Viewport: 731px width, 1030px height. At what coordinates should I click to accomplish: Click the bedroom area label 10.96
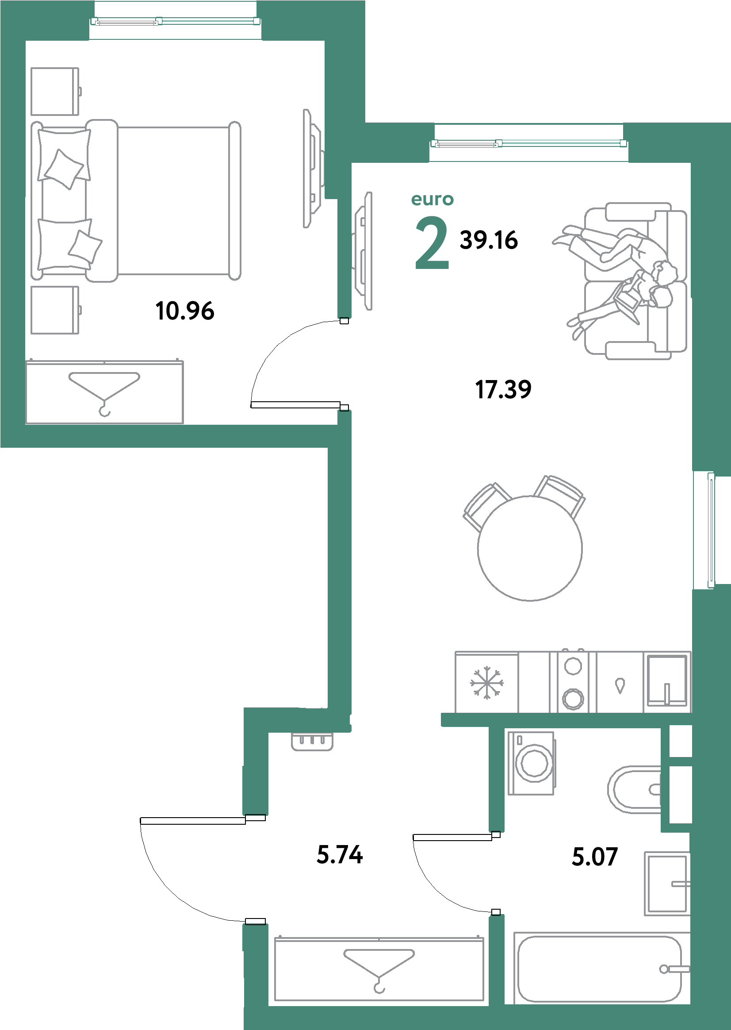(184, 311)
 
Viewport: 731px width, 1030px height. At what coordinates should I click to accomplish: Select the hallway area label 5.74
(339, 854)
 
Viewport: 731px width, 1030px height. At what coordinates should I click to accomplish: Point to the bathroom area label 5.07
(595, 857)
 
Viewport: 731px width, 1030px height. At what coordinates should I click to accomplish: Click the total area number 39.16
(489, 240)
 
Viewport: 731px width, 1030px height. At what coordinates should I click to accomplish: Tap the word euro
(432, 199)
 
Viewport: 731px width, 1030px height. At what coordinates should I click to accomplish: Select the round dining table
(530, 548)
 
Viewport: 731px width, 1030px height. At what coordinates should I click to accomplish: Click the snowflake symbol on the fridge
(486, 683)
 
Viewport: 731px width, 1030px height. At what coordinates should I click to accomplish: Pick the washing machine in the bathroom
(532, 763)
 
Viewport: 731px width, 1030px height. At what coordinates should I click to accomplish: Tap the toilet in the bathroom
(634, 789)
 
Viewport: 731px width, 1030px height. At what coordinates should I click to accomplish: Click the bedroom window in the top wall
(176, 21)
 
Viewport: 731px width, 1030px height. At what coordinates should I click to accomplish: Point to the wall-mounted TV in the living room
(363, 251)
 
